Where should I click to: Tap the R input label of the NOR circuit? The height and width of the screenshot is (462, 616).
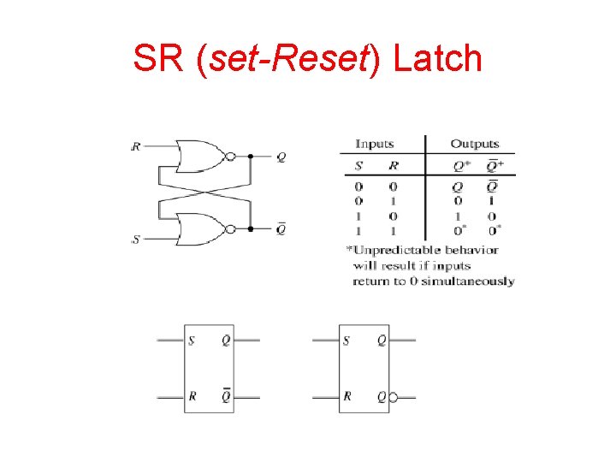[x=136, y=146]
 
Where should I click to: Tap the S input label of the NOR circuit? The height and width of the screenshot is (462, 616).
[x=136, y=240]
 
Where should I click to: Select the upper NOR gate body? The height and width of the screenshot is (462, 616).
[x=199, y=157]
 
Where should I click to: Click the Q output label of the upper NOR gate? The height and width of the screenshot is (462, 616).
[x=281, y=157]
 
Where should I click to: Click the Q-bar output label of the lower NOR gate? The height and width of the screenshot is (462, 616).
[x=281, y=228]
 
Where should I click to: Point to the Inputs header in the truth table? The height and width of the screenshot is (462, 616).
[x=374, y=144]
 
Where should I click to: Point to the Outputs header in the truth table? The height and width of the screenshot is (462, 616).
[x=474, y=144]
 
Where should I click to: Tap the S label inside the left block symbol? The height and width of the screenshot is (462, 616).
[x=191, y=341]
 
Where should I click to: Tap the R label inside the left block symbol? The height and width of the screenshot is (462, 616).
[x=192, y=397]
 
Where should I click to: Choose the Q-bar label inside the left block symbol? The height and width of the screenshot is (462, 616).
[x=226, y=396]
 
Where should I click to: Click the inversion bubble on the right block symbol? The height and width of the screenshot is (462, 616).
[x=393, y=398]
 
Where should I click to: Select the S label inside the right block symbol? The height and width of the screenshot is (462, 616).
[x=346, y=341]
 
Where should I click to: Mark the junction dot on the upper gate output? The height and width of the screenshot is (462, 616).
[x=251, y=157]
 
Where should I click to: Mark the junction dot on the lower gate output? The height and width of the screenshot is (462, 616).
[x=251, y=229]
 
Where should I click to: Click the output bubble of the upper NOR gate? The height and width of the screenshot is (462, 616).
[x=229, y=157]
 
